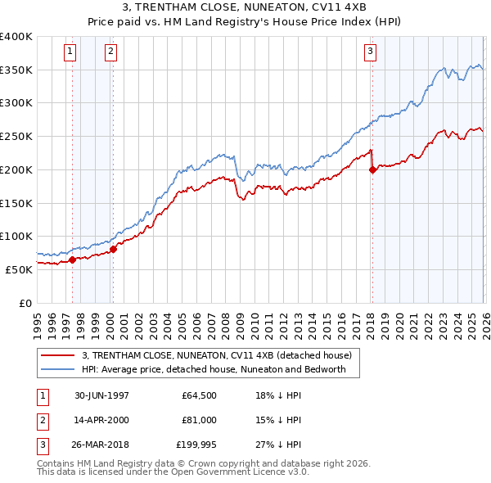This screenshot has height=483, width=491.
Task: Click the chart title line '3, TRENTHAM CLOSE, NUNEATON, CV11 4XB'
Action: click(245, 7)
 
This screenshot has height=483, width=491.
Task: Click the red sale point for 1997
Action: click(72, 260)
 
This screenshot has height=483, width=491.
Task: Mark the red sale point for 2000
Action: click(113, 249)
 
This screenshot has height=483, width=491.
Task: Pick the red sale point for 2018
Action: click(372, 170)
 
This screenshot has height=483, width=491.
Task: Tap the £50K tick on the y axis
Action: click(19, 269)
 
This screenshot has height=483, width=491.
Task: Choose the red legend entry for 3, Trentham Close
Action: click(216, 355)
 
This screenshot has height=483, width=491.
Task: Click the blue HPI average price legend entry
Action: click(214, 369)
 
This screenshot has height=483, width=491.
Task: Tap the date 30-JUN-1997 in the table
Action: click(101, 395)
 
